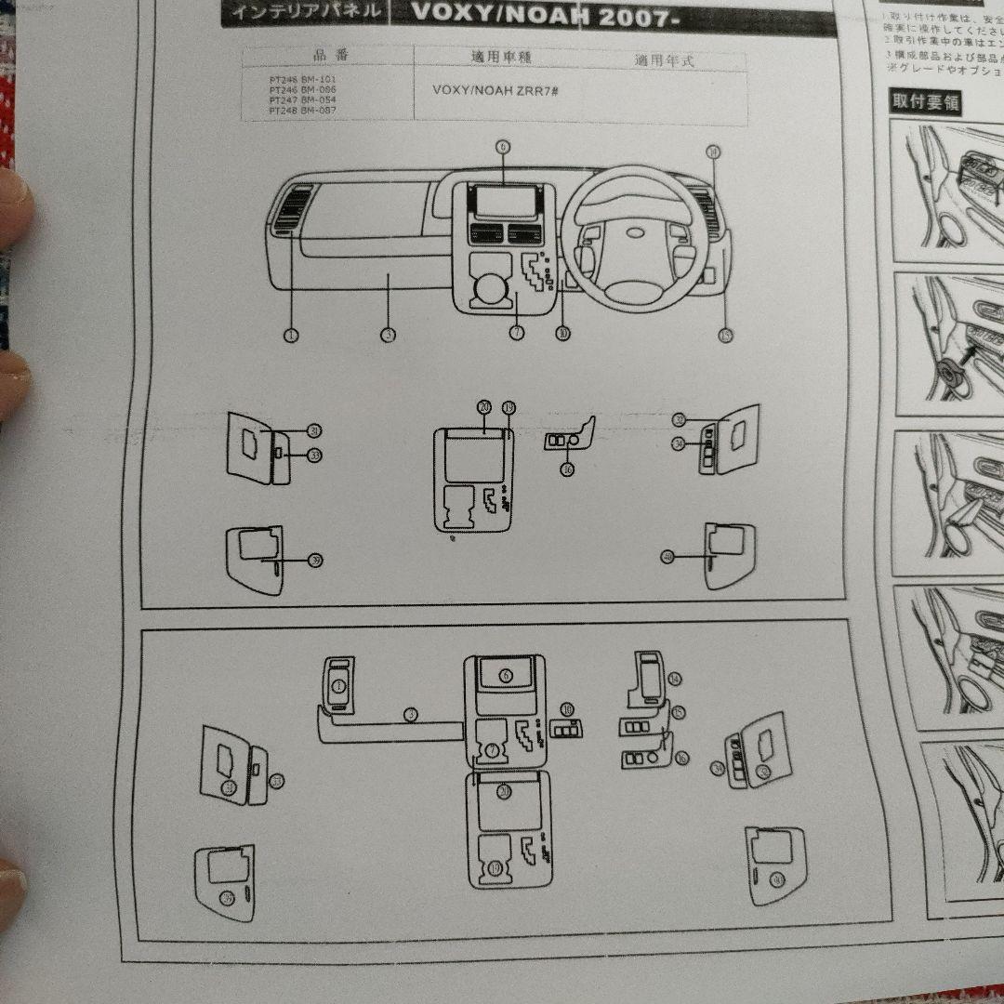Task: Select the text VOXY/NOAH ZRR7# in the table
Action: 495,91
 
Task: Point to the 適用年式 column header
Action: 664,60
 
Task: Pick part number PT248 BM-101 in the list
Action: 302,80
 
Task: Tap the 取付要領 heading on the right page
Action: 925,101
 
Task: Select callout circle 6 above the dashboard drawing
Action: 503,147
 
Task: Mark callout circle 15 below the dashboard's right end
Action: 725,335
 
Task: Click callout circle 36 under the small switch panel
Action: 568,469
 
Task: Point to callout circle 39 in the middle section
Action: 316,561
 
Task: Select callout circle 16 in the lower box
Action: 682,758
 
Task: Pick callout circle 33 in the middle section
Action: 315,455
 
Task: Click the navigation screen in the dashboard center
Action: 503,200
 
